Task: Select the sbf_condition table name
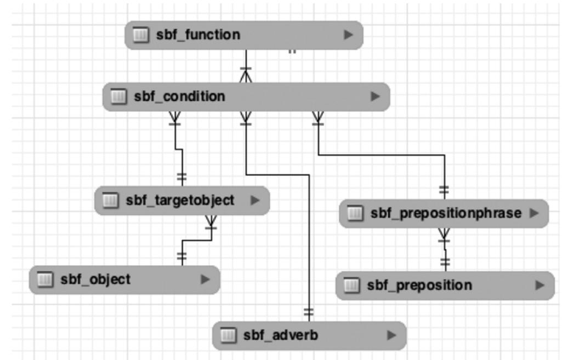pyautogui.click(x=179, y=96)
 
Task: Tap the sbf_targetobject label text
pyautogui.click(x=180, y=200)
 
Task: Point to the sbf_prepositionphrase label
pyautogui.click(x=446, y=213)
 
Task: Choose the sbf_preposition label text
pyautogui.click(x=419, y=285)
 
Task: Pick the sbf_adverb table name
pyautogui.click(x=280, y=335)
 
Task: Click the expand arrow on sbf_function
pyautogui.click(x=348, y=35)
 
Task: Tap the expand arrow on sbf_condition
pyautogui.click(x=375, y=96)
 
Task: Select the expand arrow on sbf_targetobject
pyautogui.click(x=255, y=200)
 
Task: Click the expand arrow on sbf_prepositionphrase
pyautogui.click(x=535, y=213)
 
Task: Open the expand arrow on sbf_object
pyautogui.click(x=205, y=279)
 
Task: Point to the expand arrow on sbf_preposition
pyautogui.click(x=541, y=285)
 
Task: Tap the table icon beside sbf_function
pyautogui.click(x=141, y=35)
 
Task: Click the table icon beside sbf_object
pyautogui.click(x=45, y=279)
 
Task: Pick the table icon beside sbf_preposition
pyautogui.click(x=352, y=285)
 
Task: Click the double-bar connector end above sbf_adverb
pyautogui.click(x=309, y=313)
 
